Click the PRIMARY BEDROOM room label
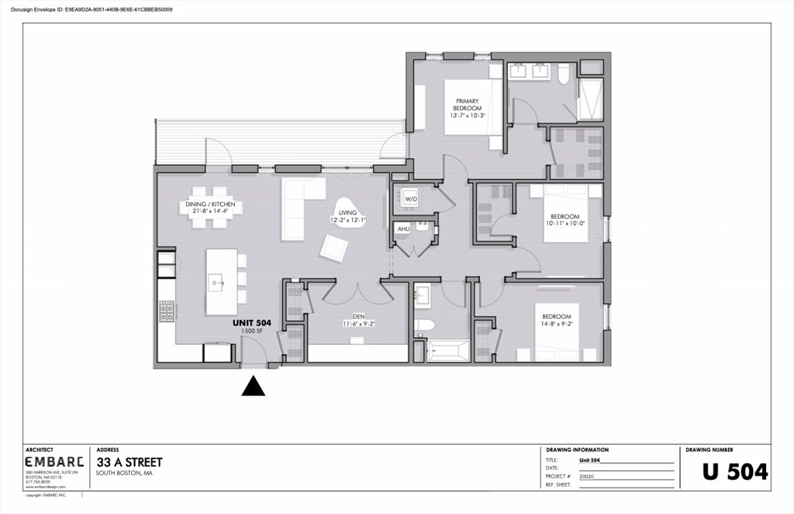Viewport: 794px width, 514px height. [467, 105]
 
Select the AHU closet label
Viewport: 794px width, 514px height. [403, 229]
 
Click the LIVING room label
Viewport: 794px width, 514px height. [347, 212]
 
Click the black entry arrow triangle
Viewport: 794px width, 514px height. [254, 385]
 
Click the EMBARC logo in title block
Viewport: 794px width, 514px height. [54, 462]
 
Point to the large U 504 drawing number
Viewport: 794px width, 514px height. [734, 471]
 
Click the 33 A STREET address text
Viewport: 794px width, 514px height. [129, 462]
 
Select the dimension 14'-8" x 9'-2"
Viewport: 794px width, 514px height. [556, 325]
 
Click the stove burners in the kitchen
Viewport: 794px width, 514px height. [166, 311]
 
